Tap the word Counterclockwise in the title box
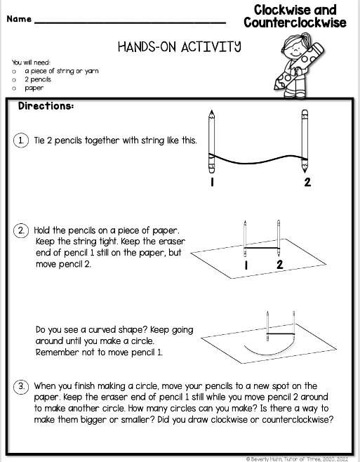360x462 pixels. [x=295, y=22]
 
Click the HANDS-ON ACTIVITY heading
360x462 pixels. [x=180, y=47]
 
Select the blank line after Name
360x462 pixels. [x=130, y=21]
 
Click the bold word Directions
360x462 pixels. [x=46, y=107]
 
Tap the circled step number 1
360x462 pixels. [x=22, y=140]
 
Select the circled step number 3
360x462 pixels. [x=22, y=385]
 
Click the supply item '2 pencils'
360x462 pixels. [x=38, y=79]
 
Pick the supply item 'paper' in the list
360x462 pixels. [x=34, y=88]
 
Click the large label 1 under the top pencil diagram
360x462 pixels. [x=211, y=183]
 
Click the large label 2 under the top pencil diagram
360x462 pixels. [x=306, y=183]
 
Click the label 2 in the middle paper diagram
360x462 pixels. [x=279, y=265]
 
